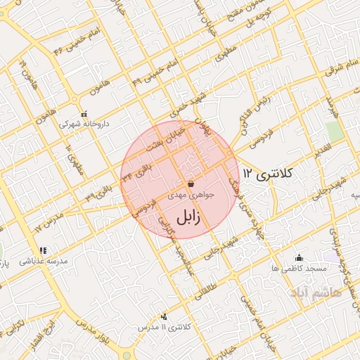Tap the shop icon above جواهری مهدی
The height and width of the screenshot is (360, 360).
191,184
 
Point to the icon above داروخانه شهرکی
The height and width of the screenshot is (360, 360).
84,114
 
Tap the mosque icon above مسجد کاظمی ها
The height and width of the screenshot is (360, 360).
299,257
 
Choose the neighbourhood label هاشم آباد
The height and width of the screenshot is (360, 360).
317,290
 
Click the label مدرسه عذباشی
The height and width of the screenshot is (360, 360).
44,261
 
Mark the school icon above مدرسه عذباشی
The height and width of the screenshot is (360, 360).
43,250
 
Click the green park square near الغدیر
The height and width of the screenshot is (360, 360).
334,131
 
